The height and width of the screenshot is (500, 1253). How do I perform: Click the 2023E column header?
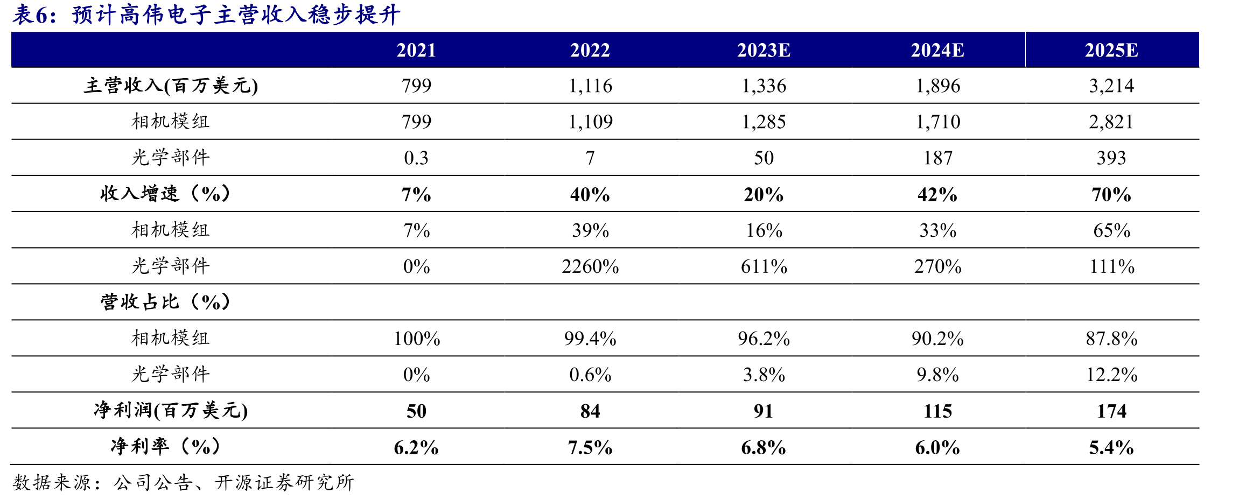click(764, 50)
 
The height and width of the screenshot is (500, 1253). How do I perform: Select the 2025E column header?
click(1111, 50)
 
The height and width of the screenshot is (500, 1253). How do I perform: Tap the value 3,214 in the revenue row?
click(1111, 86)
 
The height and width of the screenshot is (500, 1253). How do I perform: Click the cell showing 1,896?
click(938, 86)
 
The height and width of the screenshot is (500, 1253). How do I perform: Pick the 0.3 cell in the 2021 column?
click(416, 158)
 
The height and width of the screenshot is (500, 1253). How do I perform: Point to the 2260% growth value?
click(590, 266)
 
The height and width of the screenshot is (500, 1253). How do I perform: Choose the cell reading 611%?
click(764, 266)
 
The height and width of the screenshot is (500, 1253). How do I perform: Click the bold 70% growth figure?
click(1111, 194)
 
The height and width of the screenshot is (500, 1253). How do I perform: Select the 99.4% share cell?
click(590, 339)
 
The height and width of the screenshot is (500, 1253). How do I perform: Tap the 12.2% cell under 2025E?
click(1111, 375)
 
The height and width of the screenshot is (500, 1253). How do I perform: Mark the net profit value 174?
click(1111, 411)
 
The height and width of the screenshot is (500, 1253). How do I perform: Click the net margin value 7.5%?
click(590, 447)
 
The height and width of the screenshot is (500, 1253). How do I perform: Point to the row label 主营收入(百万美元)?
click(171, 86)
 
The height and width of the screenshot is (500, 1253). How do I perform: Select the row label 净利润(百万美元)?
click(171, 411)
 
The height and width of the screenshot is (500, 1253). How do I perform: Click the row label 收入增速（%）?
click(165, 194)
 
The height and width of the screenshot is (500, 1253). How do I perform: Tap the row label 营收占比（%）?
click(165, 302)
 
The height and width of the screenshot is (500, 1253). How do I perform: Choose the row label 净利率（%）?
click(165, 447)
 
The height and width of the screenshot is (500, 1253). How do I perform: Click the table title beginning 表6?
click(206, 15)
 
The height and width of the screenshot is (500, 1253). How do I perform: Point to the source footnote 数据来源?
click(183, 482)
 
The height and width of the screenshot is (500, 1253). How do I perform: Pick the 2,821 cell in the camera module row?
click(1111, 122)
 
